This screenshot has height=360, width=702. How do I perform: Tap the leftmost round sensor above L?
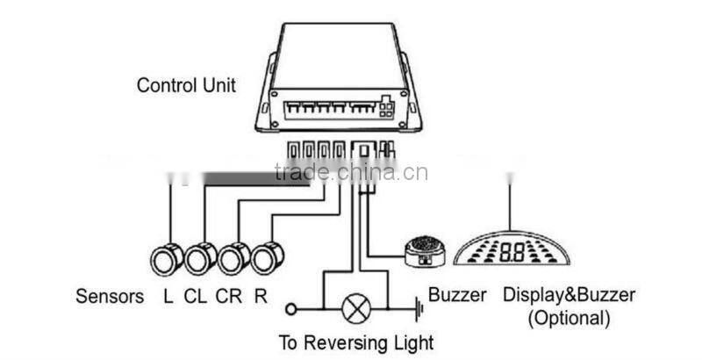click(x=166, y=257)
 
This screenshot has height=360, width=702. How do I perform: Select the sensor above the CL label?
click(x=200, y=257)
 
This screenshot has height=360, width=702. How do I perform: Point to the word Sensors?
click(x=110, y=296)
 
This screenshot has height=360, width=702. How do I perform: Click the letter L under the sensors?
click(x=168, y=296)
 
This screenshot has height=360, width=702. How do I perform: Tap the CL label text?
click(x=196, y=296)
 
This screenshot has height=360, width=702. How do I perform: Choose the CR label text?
click(x=229, y=296)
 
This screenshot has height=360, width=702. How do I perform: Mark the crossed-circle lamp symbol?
click(x=355, y=307)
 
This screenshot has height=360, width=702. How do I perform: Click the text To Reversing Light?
click(x=355, y=342)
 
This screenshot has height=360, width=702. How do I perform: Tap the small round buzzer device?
click(x=426, y=250)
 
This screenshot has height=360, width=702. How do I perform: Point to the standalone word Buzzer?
click(x=456, y=296)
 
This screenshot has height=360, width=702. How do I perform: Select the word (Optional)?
click(x=568, y=317)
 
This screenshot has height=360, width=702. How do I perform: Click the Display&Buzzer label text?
click(x=568, y=296)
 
